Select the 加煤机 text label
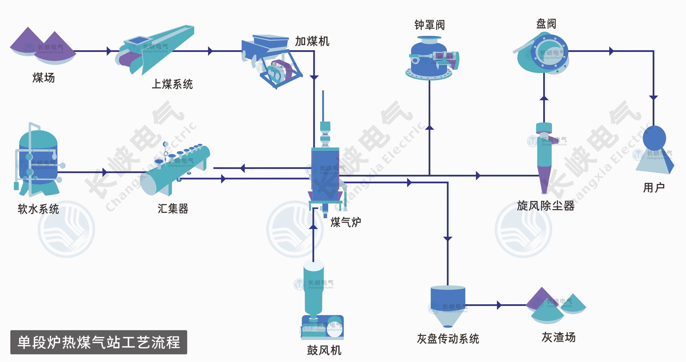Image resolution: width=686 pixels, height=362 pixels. point(312,41)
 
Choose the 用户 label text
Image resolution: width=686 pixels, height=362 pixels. point(654,188)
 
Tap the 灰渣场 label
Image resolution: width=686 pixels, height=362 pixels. point(559,337)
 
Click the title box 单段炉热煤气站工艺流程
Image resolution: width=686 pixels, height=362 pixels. point(99,342)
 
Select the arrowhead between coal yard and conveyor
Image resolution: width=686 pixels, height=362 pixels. point(109,51)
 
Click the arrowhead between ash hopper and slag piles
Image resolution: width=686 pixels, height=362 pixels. point(499,305)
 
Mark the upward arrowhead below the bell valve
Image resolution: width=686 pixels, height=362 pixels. point(429,127)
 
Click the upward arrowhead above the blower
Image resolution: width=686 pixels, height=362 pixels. point(313,227)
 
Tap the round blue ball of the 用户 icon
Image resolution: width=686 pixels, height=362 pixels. point(654,138)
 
